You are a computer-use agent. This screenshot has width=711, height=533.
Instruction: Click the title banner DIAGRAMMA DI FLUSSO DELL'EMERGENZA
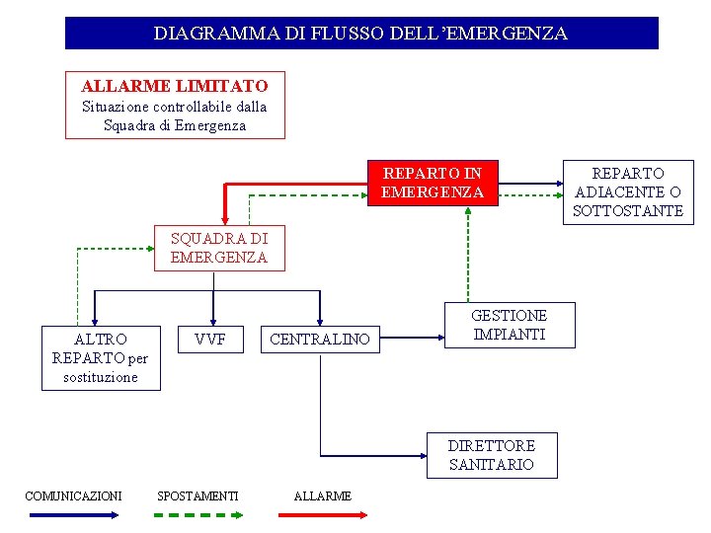(x=360, y=33)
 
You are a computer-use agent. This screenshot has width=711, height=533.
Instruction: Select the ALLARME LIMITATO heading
(x=175, y=87)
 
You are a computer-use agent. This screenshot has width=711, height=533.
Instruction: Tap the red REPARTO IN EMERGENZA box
(x=433, y=183)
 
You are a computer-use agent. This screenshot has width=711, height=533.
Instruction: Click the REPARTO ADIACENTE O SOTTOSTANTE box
(x=628, y=191)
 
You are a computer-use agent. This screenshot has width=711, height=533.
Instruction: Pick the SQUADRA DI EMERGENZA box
(x=219, y=248)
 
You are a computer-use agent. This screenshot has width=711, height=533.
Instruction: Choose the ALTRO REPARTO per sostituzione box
(x=101, y=357)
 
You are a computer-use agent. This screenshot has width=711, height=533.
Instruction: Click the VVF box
(x=210, y=340)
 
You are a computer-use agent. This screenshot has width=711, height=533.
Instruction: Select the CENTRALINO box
(x=320, y=341)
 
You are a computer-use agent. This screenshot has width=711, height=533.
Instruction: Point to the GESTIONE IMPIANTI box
(x=509, y=325)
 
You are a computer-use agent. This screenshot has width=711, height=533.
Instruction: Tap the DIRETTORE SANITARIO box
(x=492, y=455)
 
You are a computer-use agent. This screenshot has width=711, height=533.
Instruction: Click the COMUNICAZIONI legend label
(x=73, y=495)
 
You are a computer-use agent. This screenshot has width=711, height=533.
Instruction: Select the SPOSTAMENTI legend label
(x=197, y=495)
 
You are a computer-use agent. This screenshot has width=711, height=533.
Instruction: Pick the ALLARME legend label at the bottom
(x=323, y=495)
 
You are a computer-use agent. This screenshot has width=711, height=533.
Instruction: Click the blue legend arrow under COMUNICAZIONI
(x=73, y=515)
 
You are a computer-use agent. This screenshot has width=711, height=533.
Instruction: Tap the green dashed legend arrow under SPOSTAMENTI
(x=197, y=515)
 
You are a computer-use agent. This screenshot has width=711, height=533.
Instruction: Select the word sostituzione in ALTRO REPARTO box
(x=101, y=377)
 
